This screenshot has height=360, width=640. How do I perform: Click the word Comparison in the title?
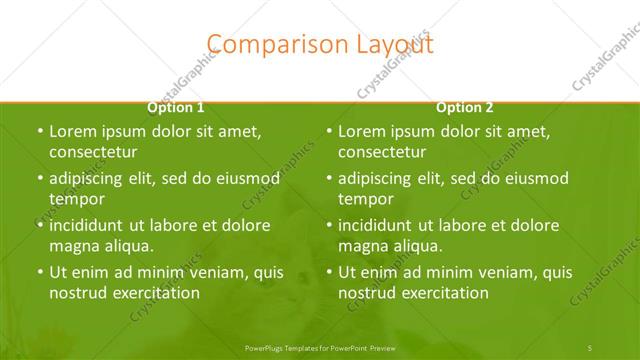pos(263,43)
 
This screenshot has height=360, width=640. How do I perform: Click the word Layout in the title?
pos(392,43)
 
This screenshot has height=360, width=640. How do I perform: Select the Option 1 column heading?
pos(176,107)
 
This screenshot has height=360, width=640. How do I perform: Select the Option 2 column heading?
pos(465,107)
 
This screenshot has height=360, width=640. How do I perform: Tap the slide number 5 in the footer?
pos(590,346)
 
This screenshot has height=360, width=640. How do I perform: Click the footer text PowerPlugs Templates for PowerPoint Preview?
pos(320,346)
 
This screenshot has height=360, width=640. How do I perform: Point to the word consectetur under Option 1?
pos(93,152)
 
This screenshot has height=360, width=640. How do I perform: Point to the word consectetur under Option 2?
pos(382,152)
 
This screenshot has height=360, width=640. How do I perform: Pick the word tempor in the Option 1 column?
pos(77,198)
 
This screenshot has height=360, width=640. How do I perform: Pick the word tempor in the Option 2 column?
pos(366,198)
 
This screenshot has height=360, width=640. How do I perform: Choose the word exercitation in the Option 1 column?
pos(154,292)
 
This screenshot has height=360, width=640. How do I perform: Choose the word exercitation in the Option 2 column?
pos(443,292)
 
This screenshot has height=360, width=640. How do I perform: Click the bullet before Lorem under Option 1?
pos(40,132)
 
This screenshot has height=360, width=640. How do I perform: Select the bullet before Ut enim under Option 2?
pos(329,272)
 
